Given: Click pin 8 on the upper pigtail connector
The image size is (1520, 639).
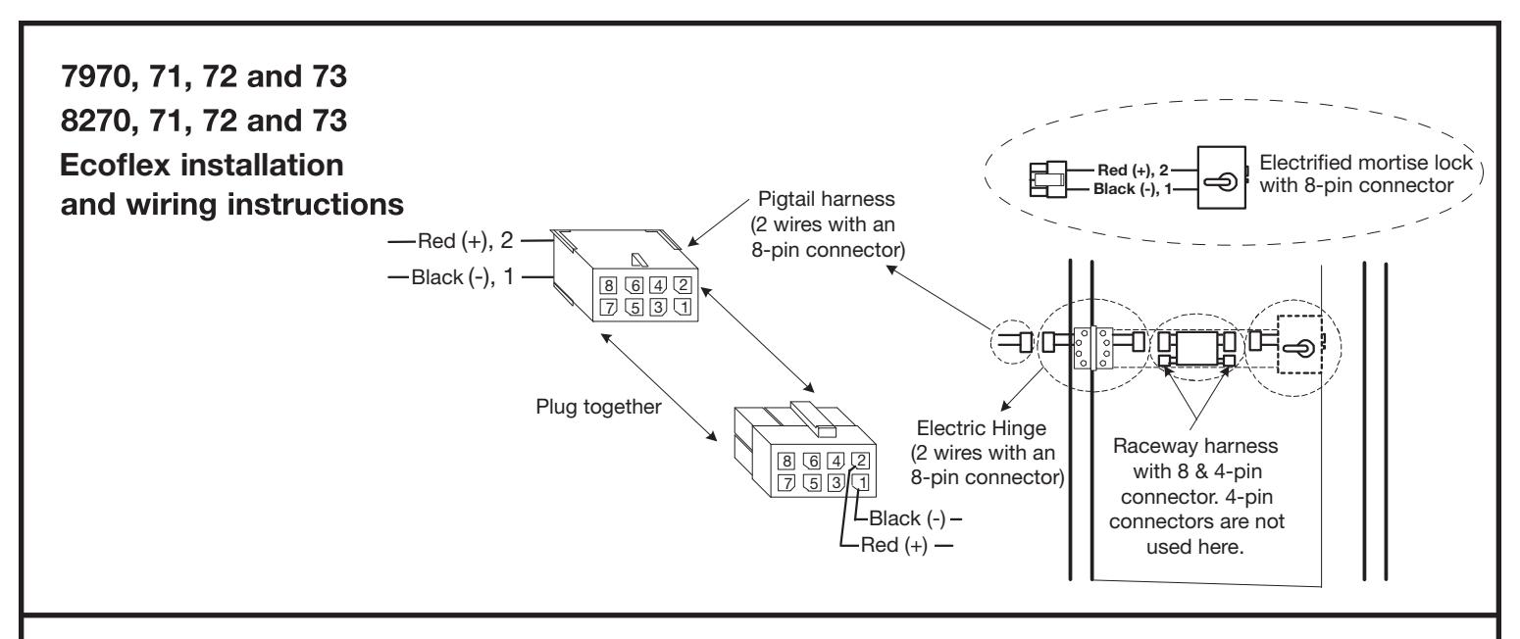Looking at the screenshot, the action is [609, 285].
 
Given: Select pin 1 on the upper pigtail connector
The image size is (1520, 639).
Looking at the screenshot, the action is [683, 307].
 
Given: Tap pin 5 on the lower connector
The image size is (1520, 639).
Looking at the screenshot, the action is [812, 482].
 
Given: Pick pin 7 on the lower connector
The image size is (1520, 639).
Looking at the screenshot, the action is [786, 483].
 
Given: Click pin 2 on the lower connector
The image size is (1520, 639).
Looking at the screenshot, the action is [860, 461].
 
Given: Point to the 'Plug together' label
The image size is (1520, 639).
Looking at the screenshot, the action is [598, 407].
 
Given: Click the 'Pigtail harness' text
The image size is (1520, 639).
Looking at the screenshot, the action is [826, 199].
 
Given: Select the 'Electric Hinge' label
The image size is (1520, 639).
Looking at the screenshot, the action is [982, 428].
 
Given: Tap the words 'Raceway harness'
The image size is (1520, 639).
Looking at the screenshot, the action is [1195, 446].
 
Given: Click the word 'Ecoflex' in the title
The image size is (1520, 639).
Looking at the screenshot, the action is [116, 165].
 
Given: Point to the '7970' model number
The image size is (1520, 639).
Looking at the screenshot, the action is [96, 76].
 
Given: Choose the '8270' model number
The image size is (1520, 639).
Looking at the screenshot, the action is [96, 121].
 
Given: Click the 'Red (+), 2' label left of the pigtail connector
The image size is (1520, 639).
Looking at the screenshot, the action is [465, 241].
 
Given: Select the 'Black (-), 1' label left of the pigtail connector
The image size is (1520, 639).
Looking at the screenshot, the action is [463, 276].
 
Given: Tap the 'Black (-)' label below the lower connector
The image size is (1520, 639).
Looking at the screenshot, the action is [907, 518].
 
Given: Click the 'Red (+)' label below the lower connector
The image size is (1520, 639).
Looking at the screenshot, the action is [893, 545].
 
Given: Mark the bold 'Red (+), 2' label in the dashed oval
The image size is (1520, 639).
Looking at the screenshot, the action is [1133, 170].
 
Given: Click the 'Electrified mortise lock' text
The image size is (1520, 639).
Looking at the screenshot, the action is [1366, 163].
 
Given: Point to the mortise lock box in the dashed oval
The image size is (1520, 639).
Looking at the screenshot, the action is [1222, 177].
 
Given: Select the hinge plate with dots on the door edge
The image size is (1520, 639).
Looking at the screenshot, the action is [1092, 348].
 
